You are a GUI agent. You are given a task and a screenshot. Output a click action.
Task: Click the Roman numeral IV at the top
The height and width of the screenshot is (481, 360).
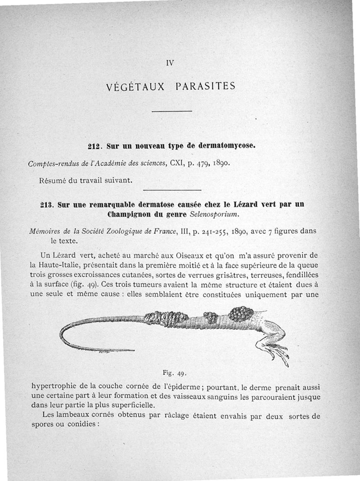(x=170, y=63)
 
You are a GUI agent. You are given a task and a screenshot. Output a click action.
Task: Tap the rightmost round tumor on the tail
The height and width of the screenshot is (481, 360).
(x=241, y=313)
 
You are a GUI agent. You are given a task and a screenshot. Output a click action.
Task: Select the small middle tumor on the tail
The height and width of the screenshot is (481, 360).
(x=211, y=318)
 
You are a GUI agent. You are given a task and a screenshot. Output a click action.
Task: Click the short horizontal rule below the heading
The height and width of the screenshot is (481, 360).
(x=172, y=111)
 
